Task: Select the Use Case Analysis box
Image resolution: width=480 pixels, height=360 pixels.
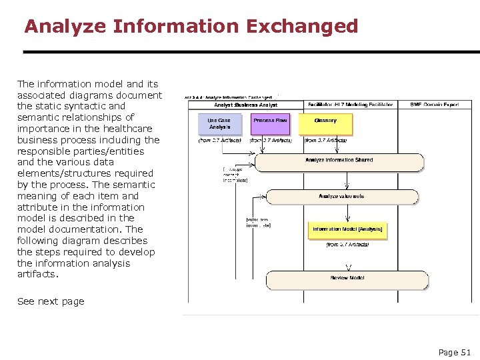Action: [219, 124]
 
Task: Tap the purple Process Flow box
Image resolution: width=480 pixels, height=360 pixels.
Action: [270, 124]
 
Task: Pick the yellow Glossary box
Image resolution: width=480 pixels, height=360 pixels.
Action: [325, 124]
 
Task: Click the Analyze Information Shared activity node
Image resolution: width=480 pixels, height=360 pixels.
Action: [339, 161]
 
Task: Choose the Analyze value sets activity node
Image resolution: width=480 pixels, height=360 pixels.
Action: [342, 197]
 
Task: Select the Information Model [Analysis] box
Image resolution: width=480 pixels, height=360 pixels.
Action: [347, 230]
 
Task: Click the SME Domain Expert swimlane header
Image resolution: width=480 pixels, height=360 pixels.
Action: [434, 105]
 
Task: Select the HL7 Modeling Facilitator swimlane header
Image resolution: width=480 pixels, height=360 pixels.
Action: [350, 105]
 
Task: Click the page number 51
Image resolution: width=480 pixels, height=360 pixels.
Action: [455, 352]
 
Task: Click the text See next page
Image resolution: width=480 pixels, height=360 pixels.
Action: [51, 301]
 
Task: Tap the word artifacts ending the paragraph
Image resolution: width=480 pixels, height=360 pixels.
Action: [37, 274]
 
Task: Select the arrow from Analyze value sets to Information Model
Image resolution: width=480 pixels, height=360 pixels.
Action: [347, 213]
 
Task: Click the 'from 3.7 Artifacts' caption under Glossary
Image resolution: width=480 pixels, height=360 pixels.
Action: [325, 141]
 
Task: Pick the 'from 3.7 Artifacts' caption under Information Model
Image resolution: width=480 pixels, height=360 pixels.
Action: [347, 245]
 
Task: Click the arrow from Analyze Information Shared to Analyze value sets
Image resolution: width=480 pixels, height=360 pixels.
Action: [347, 180]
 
